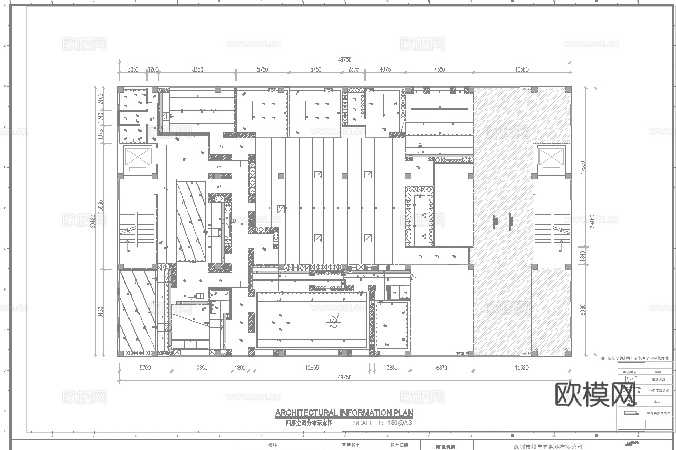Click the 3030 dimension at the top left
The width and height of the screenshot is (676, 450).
(133, 69)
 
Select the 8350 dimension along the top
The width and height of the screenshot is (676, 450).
(197, 69)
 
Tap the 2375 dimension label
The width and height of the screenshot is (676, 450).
(354, 69)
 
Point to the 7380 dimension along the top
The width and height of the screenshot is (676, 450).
(439, 69)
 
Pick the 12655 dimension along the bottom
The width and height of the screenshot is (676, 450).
(312, 368)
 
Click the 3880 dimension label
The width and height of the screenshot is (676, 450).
(392, 368)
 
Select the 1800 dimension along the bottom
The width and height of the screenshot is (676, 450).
(241, 368)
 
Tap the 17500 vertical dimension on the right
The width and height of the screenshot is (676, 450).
(582, 167)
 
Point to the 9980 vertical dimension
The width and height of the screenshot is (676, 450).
(582, 311)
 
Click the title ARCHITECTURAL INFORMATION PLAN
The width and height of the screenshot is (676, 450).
(344, 413)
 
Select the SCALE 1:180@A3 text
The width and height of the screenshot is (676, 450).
(382, 423)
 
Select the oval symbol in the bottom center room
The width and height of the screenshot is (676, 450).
(333, 320)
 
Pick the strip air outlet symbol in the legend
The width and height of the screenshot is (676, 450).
(631, 413)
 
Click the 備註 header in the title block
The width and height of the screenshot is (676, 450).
(273, 446)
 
